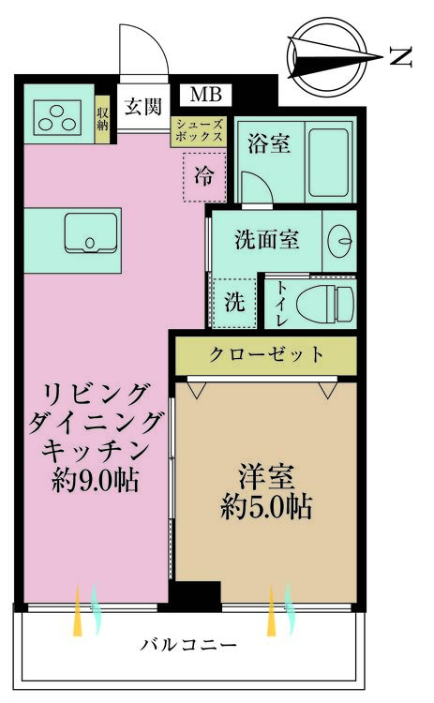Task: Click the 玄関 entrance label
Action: pos(142,105)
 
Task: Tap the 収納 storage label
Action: pos(103,119)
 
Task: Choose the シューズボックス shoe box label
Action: pos(199,130)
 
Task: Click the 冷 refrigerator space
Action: pos(202,174)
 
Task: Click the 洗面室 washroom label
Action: pos(267,239)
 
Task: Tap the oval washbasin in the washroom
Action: pos(338,242)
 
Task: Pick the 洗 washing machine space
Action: pos(234,304)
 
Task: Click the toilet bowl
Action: pos(324,303)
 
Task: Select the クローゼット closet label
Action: pos(266,355)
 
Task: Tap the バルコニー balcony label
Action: pos(188,646)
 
